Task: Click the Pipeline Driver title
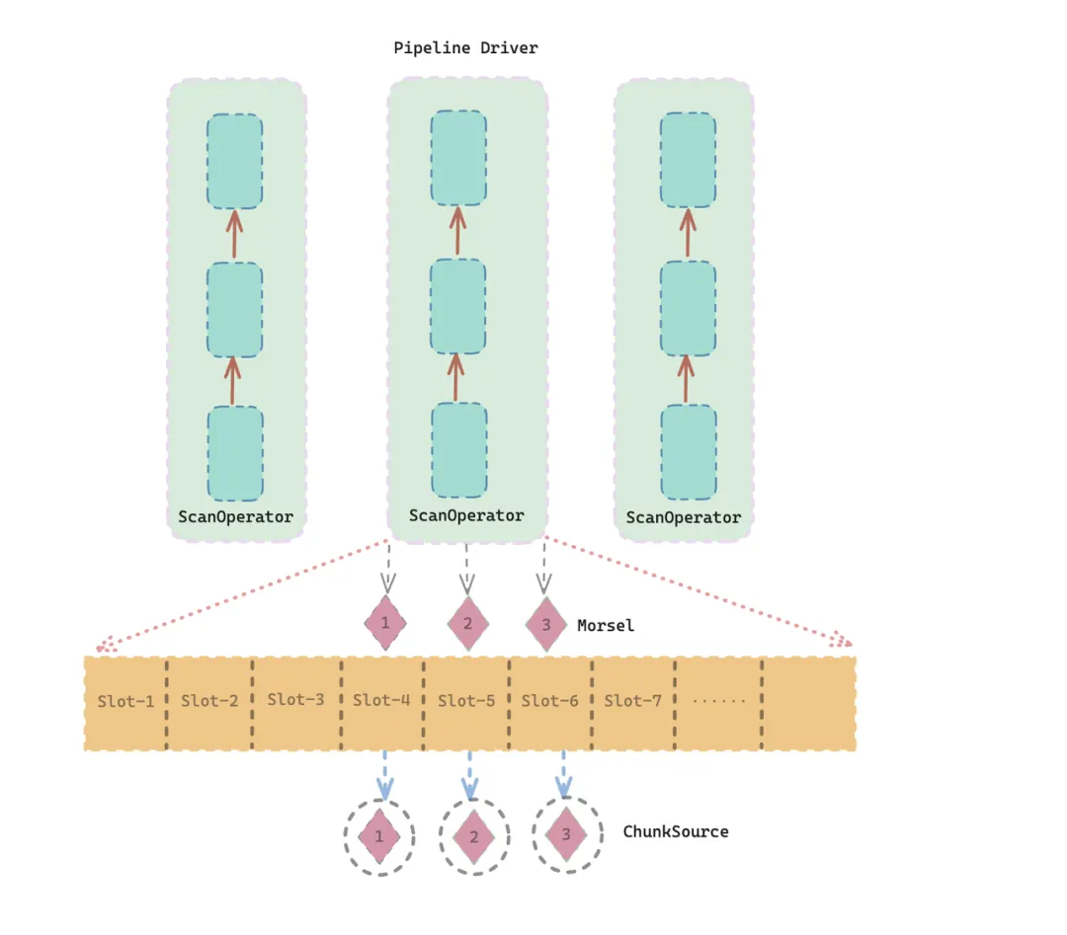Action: (465, 47)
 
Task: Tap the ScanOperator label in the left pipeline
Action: (235, 516)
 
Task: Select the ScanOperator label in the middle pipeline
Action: (466, 515)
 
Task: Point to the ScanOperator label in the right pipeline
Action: (683, 517)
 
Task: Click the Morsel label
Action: (606, 625)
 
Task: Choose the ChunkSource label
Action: (675, 831)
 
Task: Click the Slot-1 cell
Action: (125, 702)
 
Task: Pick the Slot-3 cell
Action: (295, 700)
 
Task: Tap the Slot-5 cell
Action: (466, 701)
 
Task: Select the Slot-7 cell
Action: (632, 701)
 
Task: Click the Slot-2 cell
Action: (209, 701)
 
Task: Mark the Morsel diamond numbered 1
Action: (384, 624)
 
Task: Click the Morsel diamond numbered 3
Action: (545, 625)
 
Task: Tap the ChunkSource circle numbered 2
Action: (474, 836)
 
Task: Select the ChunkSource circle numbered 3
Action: (566, 834)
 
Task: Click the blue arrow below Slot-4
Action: (384, 775)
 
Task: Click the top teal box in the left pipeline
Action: (235, 161)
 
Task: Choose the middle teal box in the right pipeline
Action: (688, 308)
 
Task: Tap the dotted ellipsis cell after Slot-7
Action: (718, 701)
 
